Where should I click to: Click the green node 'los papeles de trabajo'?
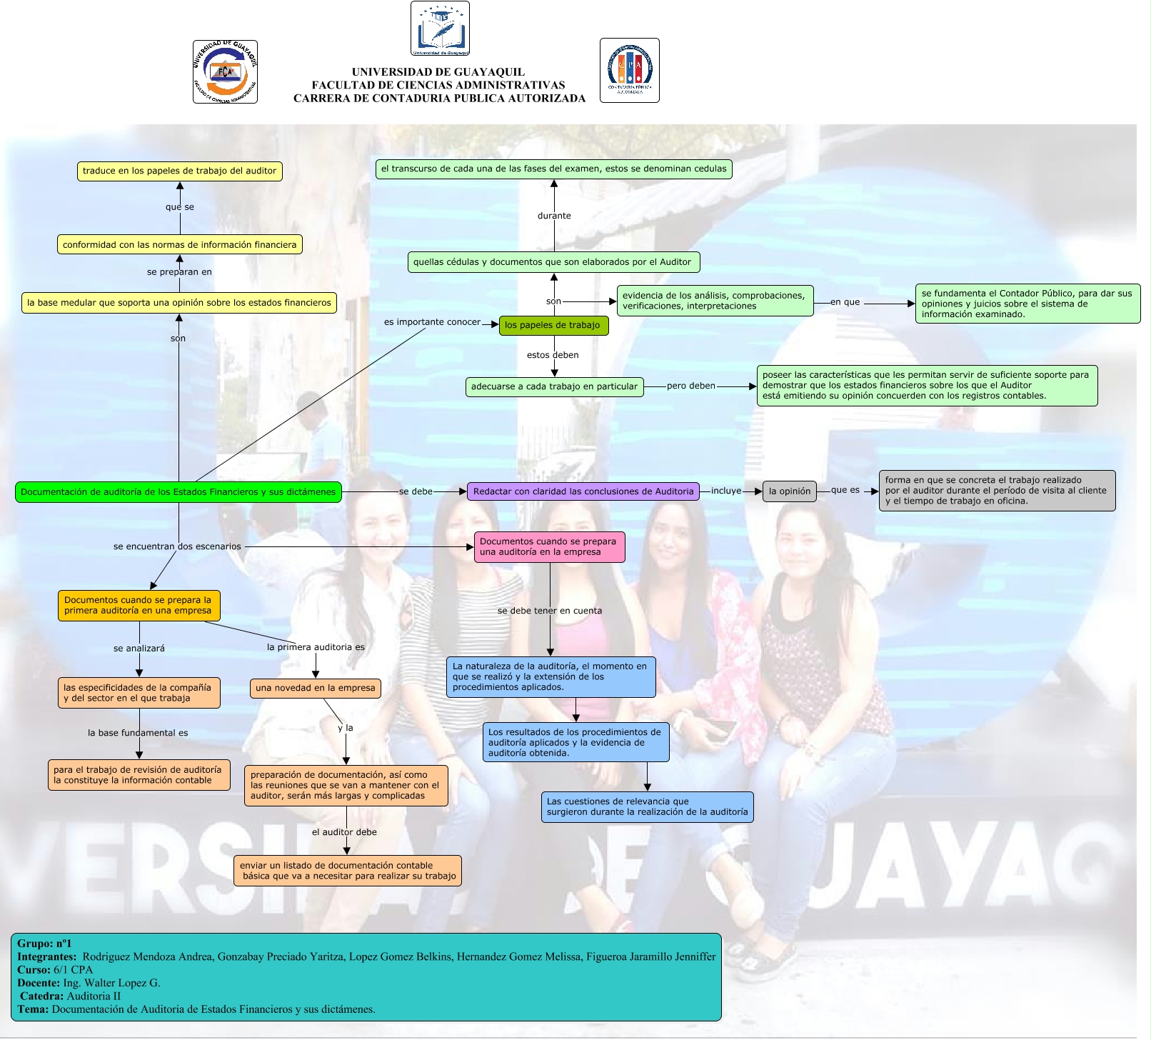[x=553, y=326]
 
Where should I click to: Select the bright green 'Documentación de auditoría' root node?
[x=179, y=492]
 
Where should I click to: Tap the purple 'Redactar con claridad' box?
[x=583, y=491]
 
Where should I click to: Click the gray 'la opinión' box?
[x=789, y=491]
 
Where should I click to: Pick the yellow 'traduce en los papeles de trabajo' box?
[x=179, y=171]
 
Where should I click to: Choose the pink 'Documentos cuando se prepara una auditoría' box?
[x=549, y=547]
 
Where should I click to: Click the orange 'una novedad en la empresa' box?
[x=315, y=689]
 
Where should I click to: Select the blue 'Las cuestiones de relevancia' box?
[x=647, y=807]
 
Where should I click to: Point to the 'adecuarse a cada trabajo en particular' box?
[x=554, y=387]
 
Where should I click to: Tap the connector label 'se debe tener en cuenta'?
[x=550, y=611]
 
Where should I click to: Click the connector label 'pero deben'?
[x=690, y=386]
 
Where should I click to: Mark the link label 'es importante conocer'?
[x=432, y=322]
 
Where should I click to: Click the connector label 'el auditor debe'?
[x=344, y=833]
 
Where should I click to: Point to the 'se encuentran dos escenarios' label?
[x=177, y=547]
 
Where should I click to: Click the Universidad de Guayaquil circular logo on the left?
[x=225, y=72]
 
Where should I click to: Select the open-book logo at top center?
[x=440, y=29]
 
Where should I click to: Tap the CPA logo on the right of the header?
[x=629, y=71]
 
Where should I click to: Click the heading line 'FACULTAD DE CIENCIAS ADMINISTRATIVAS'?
[x=438, y=86]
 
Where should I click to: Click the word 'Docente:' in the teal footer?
[x=39, y=984]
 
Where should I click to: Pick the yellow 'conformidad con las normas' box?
[x=179, y=245]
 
